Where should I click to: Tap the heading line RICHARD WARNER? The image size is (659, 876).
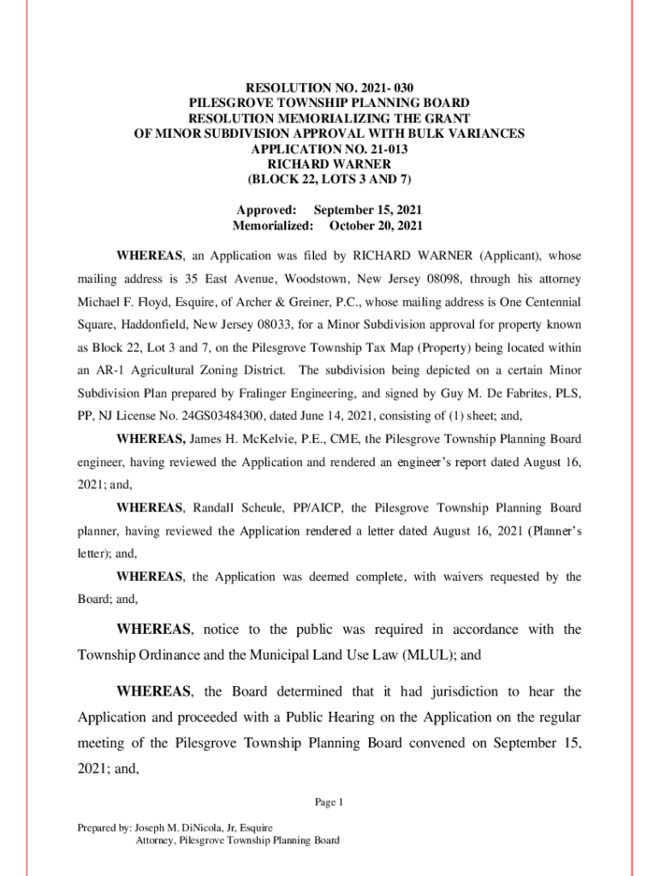pos(329,164)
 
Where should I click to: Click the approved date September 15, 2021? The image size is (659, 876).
pos(368,210)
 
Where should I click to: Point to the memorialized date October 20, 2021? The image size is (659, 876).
pos(376,226)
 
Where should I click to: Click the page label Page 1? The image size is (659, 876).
pos(329,802)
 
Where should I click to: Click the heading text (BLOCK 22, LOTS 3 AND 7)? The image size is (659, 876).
pos(329,180)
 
